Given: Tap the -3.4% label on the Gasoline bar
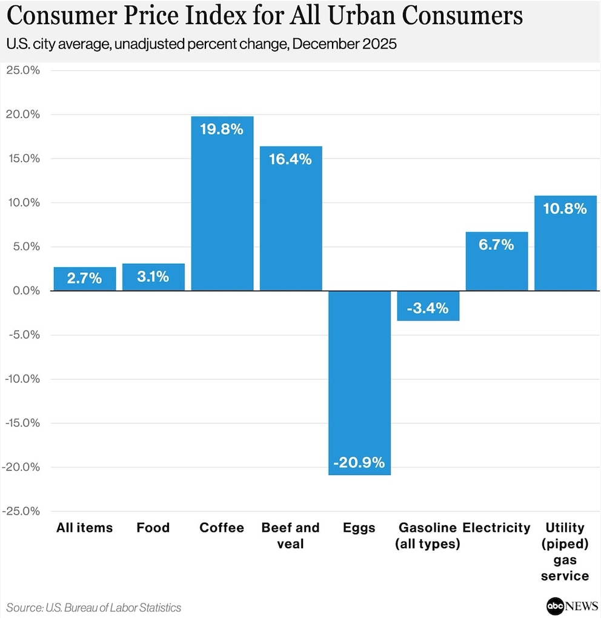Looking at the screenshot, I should point(428,308).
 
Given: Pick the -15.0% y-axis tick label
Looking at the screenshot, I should point(21,423).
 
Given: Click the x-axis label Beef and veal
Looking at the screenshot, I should point(290,535).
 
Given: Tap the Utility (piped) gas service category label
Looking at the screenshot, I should point(565,551).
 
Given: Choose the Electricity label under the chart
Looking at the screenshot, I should point(496,528).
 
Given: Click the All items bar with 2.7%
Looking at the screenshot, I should point(85,279).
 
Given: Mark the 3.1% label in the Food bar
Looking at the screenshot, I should point(153,278).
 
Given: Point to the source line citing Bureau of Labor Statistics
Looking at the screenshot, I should point(94,607).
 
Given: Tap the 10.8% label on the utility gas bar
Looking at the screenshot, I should point(565,209).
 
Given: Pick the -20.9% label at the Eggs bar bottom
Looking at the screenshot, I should point(359,463).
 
